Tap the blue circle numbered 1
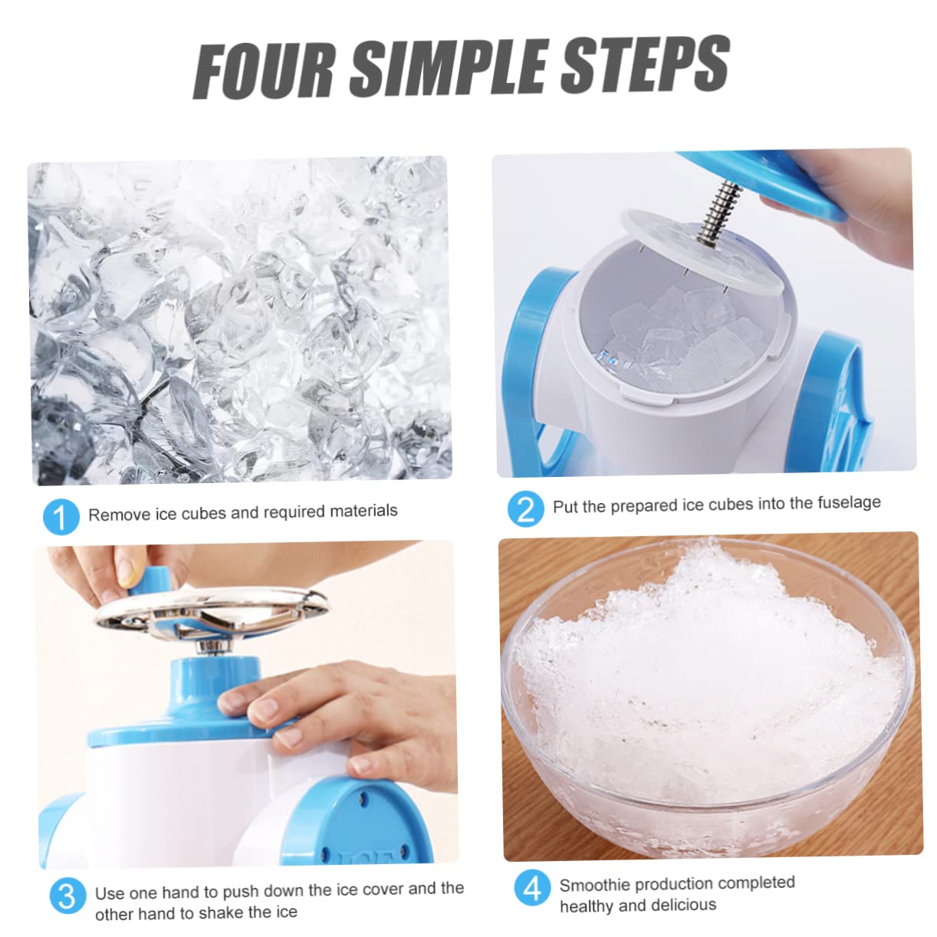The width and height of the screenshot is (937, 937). (x=61, y=517)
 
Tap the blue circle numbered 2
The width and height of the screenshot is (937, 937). (x=525, y=508)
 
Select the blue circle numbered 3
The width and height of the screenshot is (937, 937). (x=67, y=896)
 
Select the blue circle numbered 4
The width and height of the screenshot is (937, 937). (x=532, y=888)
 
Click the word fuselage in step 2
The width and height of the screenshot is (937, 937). (x=842, y=503)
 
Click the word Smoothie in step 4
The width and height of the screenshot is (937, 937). (x=594, y=886)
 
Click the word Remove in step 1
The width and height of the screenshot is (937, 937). (x=119, y=515)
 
